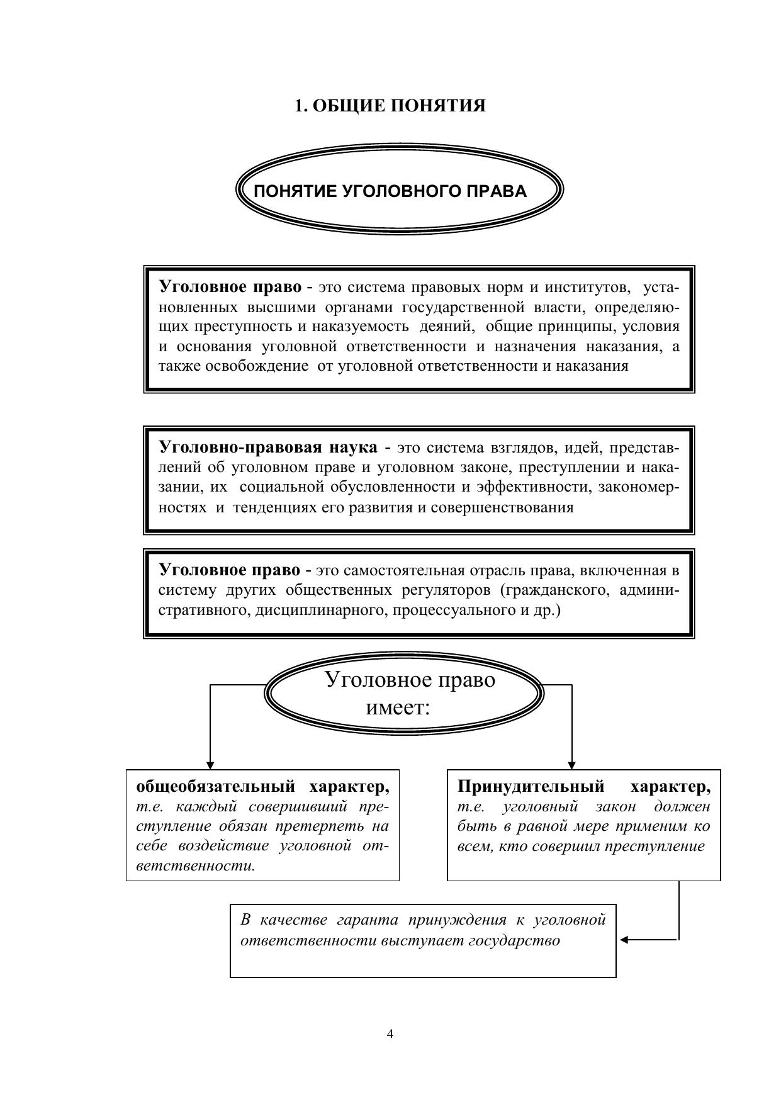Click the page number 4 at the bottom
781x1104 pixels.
click(390, 1034)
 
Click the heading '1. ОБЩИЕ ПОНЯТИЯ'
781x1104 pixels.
click(390, 106)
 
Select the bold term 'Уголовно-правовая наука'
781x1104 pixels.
click(268, 448)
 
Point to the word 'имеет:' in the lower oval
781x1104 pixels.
click(398, 708)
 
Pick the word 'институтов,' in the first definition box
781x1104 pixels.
click(588, 288)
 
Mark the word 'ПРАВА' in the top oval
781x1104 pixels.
click(501, 191)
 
